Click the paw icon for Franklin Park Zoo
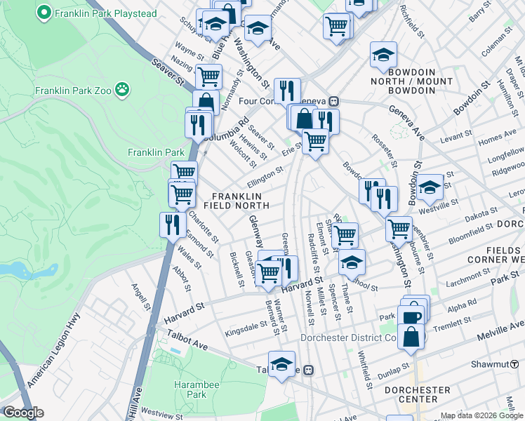point(124,89)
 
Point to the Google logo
point(23,413)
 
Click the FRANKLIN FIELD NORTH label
point(237,201)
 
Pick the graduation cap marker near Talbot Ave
point(281,364)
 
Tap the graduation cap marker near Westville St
point(430,187)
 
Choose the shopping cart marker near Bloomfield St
point(399,227)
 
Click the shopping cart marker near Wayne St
point(208,76)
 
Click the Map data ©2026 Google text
point(481,415)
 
